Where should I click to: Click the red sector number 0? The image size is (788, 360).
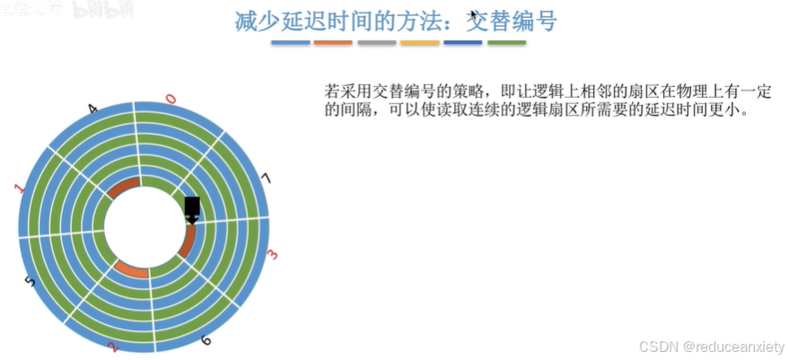click(171, 99)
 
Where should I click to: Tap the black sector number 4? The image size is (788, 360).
click(93, 110)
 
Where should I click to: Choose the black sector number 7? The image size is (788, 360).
click(264, 179)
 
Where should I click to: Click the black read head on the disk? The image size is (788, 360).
click(192, 210)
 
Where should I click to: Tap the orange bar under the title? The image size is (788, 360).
click(333, 42)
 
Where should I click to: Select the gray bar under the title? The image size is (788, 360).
click(376, 42)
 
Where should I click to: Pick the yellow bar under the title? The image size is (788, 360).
click(419, 42)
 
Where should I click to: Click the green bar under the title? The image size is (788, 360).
click(506, 42)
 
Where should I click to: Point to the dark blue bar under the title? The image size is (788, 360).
click(462, 42)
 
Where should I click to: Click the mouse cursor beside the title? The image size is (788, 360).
click(473, 14)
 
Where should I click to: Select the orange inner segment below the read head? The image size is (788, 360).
click(188, 241)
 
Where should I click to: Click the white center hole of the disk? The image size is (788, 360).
click(144, 225)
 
